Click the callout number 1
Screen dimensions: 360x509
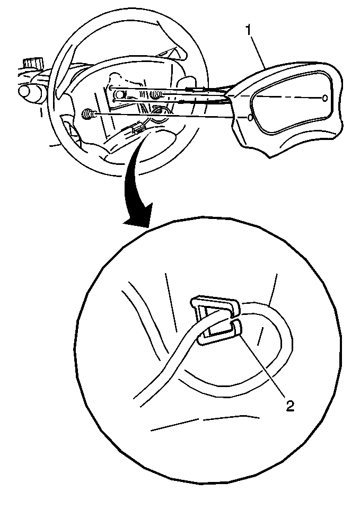click(248, 31)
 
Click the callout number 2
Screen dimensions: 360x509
click(289, 405)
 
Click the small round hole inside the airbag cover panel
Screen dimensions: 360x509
click(325, 98)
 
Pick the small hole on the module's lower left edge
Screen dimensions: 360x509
click(249, 118)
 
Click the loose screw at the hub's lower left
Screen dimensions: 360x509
click(87, 114)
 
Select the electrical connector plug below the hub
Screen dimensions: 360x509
click(137, 130)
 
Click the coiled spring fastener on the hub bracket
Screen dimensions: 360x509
click(156, 94)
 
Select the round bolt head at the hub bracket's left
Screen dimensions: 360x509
click(120, 95)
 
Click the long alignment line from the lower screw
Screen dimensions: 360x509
click(170, 116)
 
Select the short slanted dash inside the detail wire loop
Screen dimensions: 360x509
click(260, 336)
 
